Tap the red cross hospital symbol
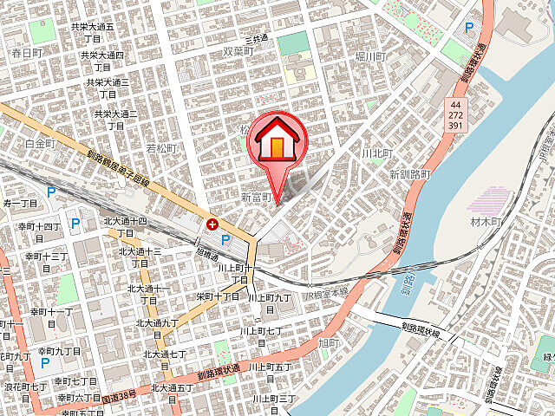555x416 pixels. [212, 224]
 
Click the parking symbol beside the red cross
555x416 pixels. [225, 239]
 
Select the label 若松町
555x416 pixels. [160, 148]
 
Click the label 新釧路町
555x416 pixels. [410, 174]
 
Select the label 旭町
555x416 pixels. [329, 343]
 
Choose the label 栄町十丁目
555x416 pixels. [218, 296]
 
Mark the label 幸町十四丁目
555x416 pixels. [40, 231]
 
